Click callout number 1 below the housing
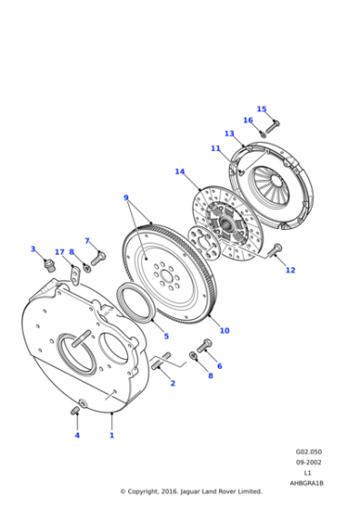tap(112, 435)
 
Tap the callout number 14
tap(180, 172)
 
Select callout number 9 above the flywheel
tap(126, 197)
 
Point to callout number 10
tap(224, 330)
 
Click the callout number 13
tap(229, 134)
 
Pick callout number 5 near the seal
tap(166, 336)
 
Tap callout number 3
tap(33, 248)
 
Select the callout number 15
tap(261, 109)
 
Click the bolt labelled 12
tap(277, 248)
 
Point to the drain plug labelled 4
tap(75, 413)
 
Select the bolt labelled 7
tap(98, 258)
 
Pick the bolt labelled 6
tap(205, 344)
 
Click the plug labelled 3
tap(47, 264)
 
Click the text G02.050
tap(306, 451)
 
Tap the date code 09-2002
tap(306, 462)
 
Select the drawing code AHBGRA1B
tap(306, 483)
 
